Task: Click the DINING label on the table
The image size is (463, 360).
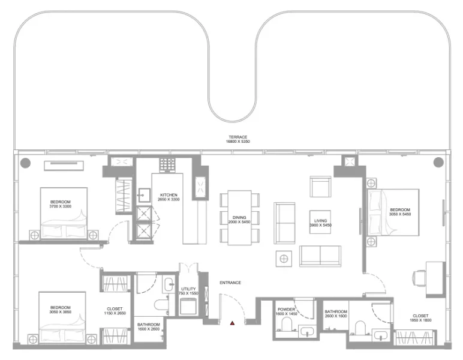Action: pyautogui.click(x=239, y=219)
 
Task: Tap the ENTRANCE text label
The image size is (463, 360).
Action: pyautogui.click(x=230, y=283)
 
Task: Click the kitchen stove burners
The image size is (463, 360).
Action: pyautogui.click(x=166, y=164)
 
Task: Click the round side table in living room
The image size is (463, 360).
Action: pyautogui.click(x=284, y=259)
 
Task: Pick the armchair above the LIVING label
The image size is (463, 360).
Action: pyautogui.click(x=320, y=187)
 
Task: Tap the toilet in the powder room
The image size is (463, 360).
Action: pyautogui.click(x=285, y=326)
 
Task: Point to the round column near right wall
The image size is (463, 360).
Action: pyautogui.click(x=438, y=162)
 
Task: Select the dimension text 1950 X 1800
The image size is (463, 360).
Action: pyautogui.click(x=420, y=319)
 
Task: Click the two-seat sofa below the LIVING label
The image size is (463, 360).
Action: pyautogui.click(x=320, y=256)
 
